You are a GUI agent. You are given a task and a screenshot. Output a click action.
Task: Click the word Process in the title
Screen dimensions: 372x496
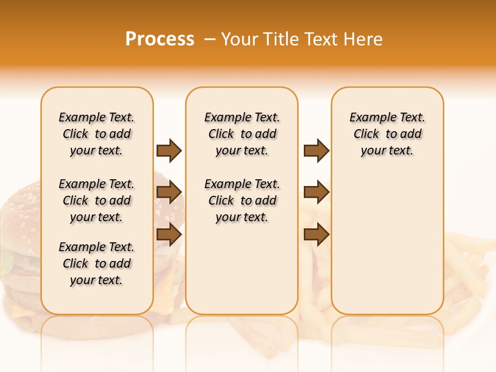click(160, 39)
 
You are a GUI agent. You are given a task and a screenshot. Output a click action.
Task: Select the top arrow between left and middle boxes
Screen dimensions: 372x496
click(169, 150)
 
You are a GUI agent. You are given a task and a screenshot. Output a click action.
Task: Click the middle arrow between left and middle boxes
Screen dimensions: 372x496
click(169, 192)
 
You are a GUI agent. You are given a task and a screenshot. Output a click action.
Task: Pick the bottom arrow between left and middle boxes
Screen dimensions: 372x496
click(169, 234)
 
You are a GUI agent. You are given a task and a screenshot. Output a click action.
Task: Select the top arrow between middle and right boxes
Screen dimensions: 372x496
click(316, 150)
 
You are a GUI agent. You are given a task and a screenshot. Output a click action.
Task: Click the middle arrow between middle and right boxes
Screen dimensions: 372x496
click(316, 192)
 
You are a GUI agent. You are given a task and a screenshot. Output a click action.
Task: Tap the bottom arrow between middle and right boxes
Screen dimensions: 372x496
click(316, 234)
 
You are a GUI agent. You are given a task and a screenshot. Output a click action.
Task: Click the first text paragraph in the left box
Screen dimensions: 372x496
click(97, 134)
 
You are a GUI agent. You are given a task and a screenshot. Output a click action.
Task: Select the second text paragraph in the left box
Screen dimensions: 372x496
click(97, 200)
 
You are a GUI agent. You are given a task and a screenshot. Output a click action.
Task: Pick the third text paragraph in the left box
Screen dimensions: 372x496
click(97, 263)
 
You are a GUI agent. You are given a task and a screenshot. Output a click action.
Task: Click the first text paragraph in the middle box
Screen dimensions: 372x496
click(242, 134)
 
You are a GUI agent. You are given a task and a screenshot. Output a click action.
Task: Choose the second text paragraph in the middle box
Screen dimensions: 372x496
click(242, 200)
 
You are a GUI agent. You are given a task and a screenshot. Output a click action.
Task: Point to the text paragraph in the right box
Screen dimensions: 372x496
click(387, 134)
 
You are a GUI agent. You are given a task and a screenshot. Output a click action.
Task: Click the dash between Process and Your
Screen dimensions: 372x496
click(209, 39)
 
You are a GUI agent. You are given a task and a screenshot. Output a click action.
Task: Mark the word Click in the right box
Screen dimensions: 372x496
click(366, 134)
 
